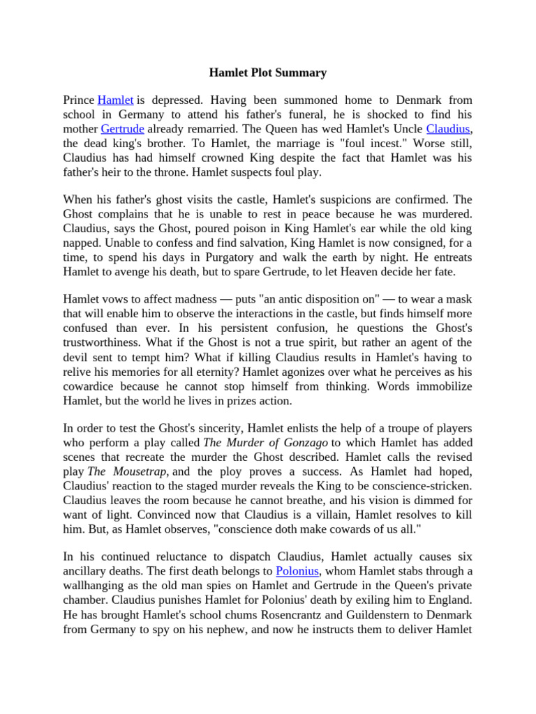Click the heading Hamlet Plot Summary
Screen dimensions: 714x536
click(268, 72)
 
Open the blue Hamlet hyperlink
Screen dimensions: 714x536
click(115, 100)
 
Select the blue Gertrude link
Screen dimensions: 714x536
click(123, 129)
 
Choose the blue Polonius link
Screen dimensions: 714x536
click(298, 571)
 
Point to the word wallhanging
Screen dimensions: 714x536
click(96, 585)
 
